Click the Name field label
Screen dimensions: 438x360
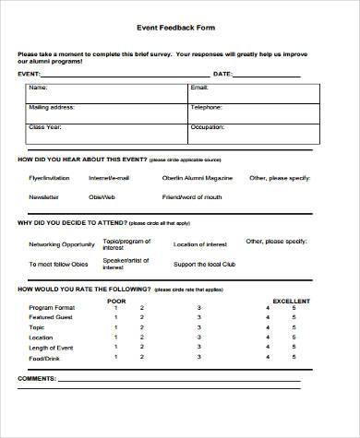point(38,88)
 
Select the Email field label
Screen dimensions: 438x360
point(199,88)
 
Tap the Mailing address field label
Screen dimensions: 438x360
point(52,107)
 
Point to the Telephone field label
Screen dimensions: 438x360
point(206,107)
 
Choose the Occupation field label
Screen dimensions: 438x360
point(207,125)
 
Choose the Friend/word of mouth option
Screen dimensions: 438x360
point(192,196)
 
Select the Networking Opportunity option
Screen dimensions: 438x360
point(61,244)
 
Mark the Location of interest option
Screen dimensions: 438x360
point(199,244)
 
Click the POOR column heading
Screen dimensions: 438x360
point(116,301)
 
